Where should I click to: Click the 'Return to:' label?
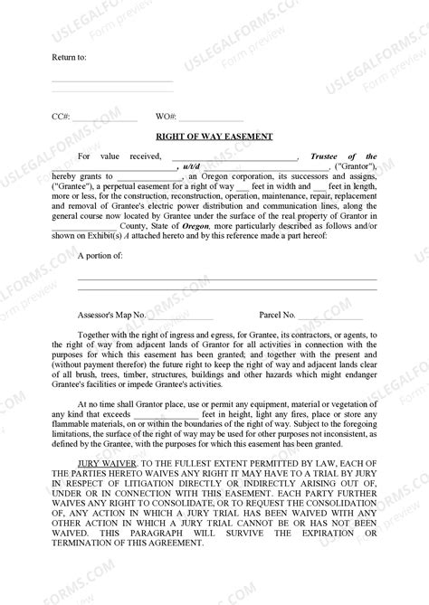(x=69, y=57)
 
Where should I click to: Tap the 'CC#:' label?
(x=61, y=117)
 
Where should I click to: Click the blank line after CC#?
(x=104, y=119)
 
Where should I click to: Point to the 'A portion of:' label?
(x=100, y=231)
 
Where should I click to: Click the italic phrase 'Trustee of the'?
(x=343, y=156)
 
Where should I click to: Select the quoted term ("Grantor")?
(x=356, y=166)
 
